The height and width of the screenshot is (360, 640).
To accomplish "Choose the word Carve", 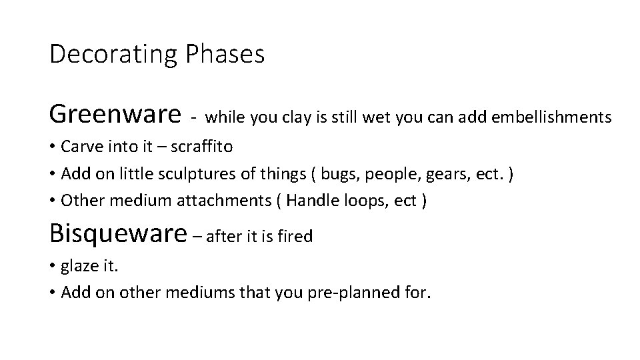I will [80, 145].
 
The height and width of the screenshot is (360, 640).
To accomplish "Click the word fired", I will [297, 236].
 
